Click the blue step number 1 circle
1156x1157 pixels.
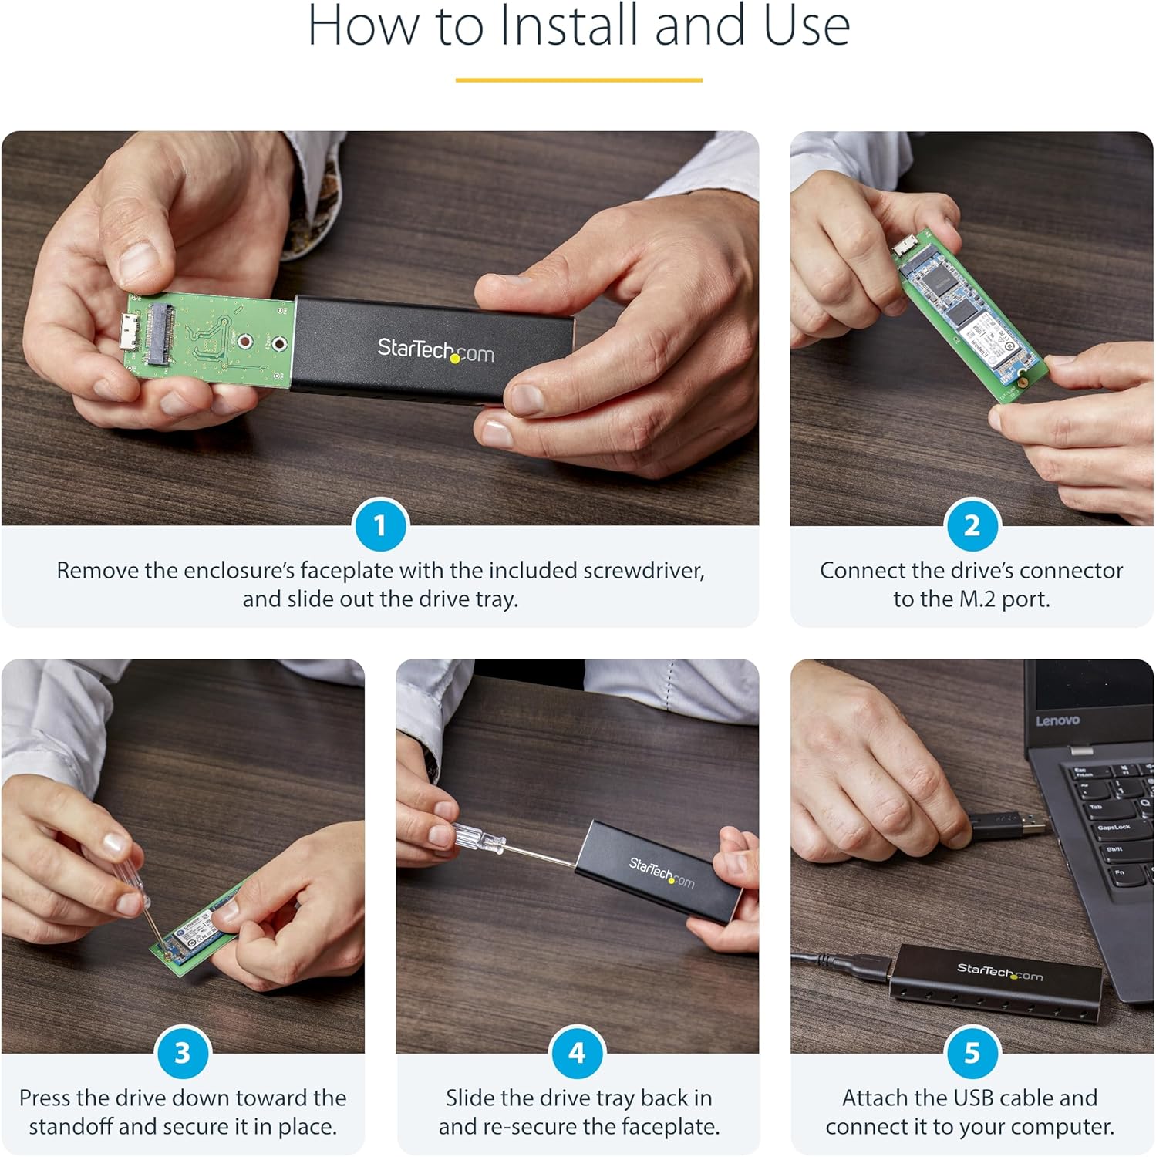click(379, 525)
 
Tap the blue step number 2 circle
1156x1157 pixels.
click(972, 525)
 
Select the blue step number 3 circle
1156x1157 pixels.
click(182, 1053)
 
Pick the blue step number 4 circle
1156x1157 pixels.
click(577, 1053)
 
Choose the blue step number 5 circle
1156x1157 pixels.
click(972, 1053)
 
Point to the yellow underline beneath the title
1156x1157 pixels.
click(578, 79)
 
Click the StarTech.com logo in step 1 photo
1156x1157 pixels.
click(435, 351)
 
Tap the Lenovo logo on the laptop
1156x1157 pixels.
click(1057, 720)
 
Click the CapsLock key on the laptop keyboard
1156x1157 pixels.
click(1114, 828)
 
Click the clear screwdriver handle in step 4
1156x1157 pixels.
click(478, 837)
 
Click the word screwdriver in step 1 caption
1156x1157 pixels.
click(642, 571)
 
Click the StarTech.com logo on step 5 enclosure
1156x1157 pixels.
click(999, 973)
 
